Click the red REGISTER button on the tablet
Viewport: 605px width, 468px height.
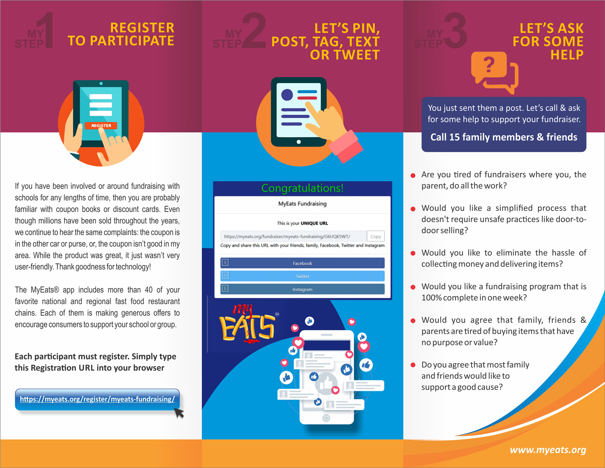point(101,125)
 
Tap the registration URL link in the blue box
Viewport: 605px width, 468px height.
point(97,399)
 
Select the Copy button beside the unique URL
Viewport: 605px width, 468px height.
point(376,236)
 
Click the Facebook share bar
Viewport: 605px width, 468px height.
point(302,263)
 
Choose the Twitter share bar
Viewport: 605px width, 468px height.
point(302,276)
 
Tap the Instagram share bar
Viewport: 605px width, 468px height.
point(302,289)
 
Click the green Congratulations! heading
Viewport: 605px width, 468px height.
point(302,188)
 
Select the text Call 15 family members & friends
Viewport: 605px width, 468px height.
point(504,137)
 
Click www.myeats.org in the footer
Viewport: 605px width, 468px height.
point(548,450)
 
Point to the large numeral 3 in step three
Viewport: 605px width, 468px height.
point(455,30)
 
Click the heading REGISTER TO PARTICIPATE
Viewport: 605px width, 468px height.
point(121,34)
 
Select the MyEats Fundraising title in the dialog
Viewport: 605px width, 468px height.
point(302,204)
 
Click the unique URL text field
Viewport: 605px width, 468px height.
point(293,236)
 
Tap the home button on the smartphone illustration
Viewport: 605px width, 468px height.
point(326,418)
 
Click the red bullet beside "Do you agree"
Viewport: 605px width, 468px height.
point(413,365)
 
